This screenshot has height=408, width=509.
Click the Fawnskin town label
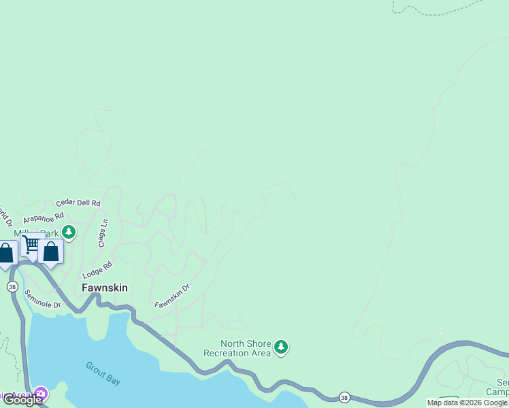[x=104, y=288]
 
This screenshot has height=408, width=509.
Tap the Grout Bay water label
[x=103, y=373]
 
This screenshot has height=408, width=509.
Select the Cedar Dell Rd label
[x=78, y=203]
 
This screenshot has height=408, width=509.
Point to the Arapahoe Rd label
[x=42, y=216]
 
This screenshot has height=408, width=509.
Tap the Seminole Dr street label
[x=43, y=299]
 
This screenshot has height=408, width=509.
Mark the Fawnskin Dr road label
[x=171, y=295]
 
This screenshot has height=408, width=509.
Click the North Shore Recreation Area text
[x=237, y=348]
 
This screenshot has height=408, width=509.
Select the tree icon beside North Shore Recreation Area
[x=281, y=348]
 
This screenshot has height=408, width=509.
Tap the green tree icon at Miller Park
[x=68, y=232]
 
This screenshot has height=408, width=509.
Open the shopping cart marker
[x=31, y=245]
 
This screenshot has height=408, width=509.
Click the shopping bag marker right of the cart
[x=51, y=252]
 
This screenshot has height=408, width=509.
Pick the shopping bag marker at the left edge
[x=6, y=254]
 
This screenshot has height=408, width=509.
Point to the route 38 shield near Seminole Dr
[x=12, y=287]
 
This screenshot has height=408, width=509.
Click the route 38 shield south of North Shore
[x=345, y=396]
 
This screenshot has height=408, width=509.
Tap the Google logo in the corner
[x=22, y=400]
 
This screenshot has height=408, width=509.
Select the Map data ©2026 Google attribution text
[x=466, y=403]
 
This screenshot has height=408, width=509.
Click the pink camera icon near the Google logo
[x=41, y=394]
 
